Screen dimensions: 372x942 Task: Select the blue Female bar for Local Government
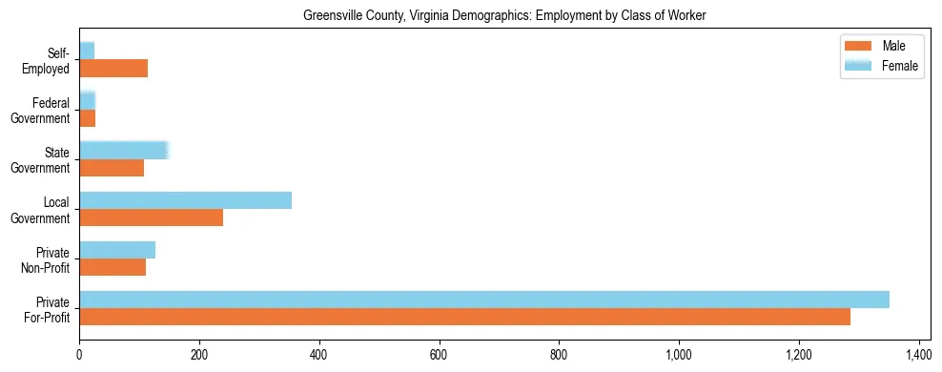(185, 200)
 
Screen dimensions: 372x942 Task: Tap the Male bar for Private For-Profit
(464, 317)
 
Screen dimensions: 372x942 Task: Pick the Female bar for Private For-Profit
(483, 300)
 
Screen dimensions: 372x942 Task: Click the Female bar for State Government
(124, 150)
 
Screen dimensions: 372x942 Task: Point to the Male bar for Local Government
(151, 217)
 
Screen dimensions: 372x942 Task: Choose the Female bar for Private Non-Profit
(117, 250)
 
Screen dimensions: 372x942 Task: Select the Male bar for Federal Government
(87, 118)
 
